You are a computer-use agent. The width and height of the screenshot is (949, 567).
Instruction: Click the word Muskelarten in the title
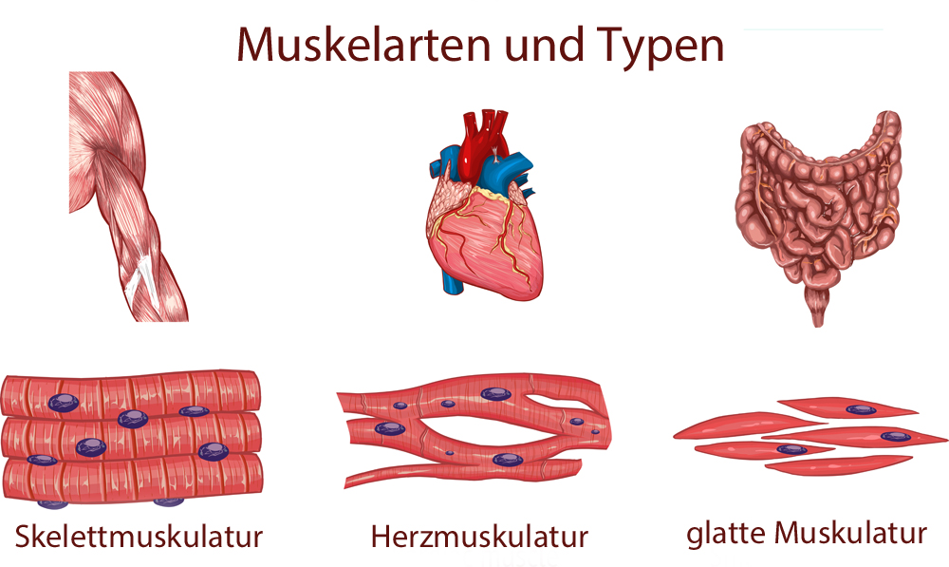click(363, 45)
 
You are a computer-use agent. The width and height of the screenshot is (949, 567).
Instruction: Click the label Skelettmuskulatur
click(139, 536)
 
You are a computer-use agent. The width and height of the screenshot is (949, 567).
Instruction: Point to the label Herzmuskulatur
click(479, 537)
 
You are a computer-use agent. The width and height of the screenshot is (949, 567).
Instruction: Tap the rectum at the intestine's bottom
click(818, 306)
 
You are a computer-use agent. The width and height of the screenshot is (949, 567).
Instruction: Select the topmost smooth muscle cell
click(847, 409)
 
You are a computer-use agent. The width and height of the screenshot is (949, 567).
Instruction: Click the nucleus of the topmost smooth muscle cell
click(861, 410)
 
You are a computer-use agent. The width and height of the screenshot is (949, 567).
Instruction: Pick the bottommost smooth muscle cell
click(838, 465)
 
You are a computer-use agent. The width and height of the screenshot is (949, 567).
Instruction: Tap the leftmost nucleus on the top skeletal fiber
click(63, 403)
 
